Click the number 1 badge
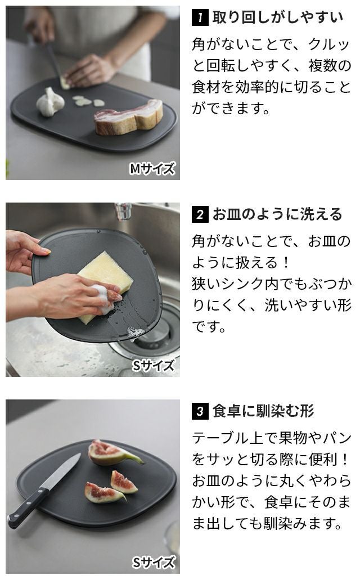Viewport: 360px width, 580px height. [200, 17]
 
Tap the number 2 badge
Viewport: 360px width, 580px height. [200, 214]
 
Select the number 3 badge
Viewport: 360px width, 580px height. [200, 411]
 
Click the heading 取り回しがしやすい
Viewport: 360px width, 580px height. [278, 17]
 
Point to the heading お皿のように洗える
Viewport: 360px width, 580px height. [277, 214]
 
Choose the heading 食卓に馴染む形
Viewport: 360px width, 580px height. [263, 411]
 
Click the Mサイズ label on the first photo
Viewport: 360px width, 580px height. [152, 169]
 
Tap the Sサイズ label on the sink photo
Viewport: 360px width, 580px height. [153, 366]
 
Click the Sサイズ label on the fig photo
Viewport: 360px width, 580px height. [153, 562]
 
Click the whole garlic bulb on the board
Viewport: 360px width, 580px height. [50, 102]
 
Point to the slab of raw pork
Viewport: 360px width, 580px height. [129, 117]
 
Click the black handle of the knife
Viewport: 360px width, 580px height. [28, 507]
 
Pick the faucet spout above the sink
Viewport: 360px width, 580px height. [123, 212]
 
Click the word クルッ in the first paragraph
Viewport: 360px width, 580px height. [328, 44]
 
